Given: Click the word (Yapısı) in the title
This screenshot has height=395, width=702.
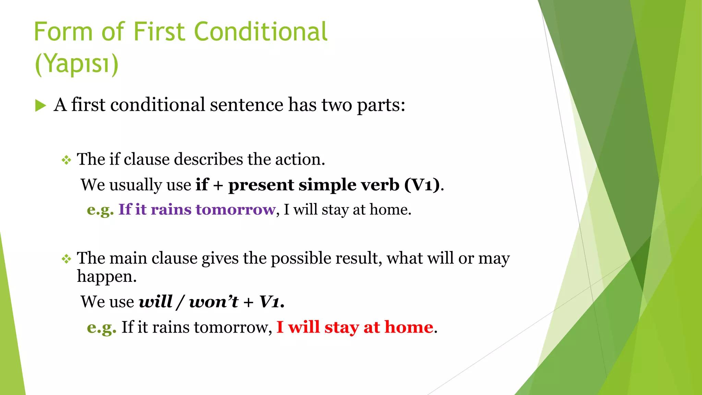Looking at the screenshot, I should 77,64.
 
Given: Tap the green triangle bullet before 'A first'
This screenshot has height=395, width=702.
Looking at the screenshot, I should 40,106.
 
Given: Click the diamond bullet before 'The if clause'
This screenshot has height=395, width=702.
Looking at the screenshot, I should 66,160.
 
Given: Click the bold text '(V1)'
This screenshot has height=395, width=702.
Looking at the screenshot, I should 422,185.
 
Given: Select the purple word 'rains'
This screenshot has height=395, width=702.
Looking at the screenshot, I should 171,210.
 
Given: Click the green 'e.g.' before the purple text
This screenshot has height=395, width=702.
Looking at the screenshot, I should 100,210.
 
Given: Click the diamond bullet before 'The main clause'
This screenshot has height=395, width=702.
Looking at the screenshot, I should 66,259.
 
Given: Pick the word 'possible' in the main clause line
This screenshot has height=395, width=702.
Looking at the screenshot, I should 301,259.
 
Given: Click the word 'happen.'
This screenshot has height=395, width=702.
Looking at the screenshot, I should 107,276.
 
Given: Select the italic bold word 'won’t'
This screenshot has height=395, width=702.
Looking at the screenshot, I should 214,302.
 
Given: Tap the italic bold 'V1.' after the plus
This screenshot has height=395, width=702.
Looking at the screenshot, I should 272,302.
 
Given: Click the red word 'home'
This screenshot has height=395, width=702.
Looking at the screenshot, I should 409,327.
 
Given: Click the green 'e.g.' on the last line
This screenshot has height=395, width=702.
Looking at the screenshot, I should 101,327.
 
